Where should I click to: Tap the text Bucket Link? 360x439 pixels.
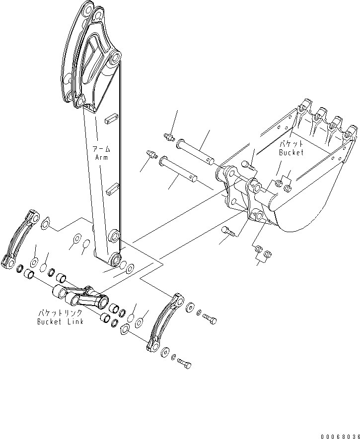coord(60,322)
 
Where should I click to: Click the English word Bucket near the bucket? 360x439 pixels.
coord(290,153)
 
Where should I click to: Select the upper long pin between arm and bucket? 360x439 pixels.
coord(196,151)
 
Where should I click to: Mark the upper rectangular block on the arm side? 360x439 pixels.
coord(111,119)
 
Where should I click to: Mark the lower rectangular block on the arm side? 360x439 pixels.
coord(112,188)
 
